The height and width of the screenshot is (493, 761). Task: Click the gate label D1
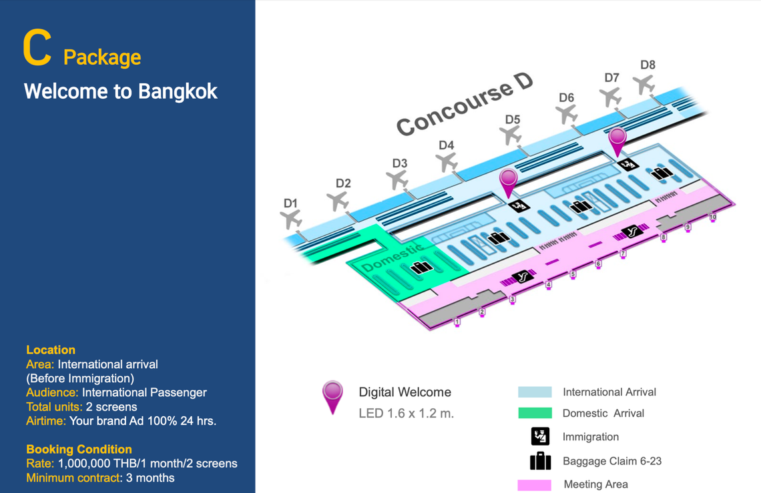[290, 203]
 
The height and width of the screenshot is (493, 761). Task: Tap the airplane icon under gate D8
[644, 85]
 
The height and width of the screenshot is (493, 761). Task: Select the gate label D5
[513, 119]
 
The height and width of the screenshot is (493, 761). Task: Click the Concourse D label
[465, 104]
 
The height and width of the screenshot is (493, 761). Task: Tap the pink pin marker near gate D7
[617, 141]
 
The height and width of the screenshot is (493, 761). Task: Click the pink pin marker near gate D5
[508, 183]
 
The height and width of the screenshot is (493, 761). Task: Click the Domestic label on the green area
[392, 258]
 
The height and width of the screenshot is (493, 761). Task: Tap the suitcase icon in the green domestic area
[421, 268]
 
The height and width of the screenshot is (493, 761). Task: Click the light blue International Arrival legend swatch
[535, 392]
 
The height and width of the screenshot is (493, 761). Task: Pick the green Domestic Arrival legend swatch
[535, 413]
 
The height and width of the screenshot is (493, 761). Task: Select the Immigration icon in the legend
[540, 436]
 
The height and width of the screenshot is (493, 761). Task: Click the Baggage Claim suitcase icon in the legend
[540, 461]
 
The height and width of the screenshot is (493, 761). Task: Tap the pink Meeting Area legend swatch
[534, 485]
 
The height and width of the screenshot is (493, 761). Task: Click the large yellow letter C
[37, 47]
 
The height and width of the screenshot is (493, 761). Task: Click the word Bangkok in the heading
[178, 91]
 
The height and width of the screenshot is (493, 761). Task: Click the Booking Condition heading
[79, 450]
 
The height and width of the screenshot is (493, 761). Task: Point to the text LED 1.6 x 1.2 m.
[407, 414]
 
